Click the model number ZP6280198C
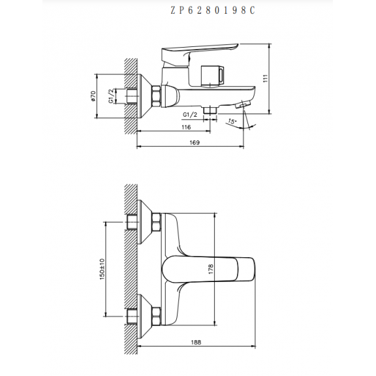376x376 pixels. pos(213,10)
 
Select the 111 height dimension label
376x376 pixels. pos(266,78)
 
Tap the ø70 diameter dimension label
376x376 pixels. pos(93,96)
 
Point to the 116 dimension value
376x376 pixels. pos(186,127)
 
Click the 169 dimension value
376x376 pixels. pos(195,142)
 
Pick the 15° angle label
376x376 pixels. pos(232,121)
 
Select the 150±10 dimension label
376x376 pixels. pos(102,269)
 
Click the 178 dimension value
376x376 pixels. pos(211,269)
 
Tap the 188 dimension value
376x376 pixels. pos(196,342)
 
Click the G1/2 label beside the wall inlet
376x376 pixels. pos(111,96)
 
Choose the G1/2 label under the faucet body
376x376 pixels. pos(190,115)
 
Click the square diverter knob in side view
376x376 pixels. pos(212,75)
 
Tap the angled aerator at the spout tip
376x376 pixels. pos(243,104)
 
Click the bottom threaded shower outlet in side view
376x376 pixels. pos(210,110)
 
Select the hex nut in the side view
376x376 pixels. pos(156,96)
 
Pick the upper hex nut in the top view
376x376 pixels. pos(156,223)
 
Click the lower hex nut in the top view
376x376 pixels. pos(156,317)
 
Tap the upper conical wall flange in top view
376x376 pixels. pos(145,222)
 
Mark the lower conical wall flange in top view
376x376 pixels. pos(145,317)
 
